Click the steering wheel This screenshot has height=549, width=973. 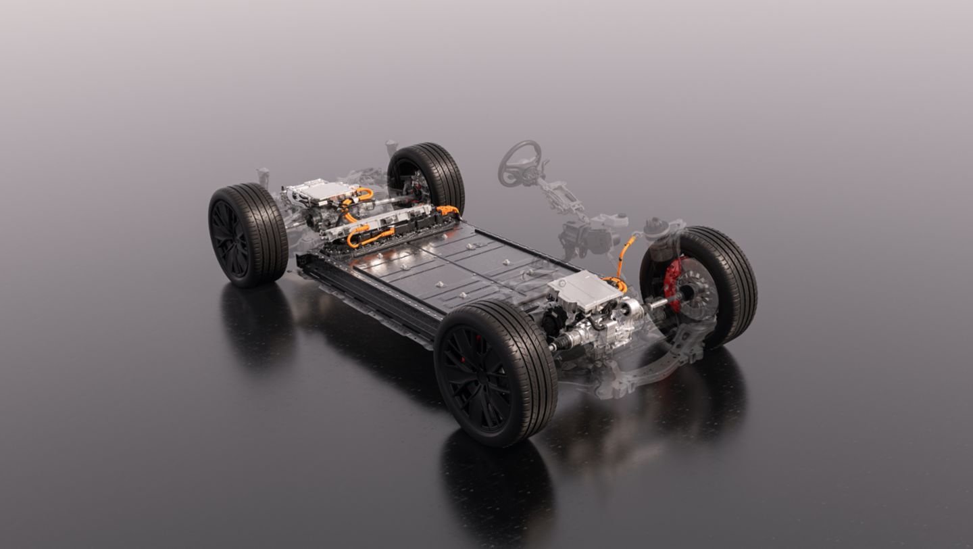[519, 162]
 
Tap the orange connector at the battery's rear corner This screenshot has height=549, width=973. [447, 210]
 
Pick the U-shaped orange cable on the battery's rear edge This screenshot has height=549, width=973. [358, 236]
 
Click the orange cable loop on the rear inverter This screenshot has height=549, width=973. [364, 195]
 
